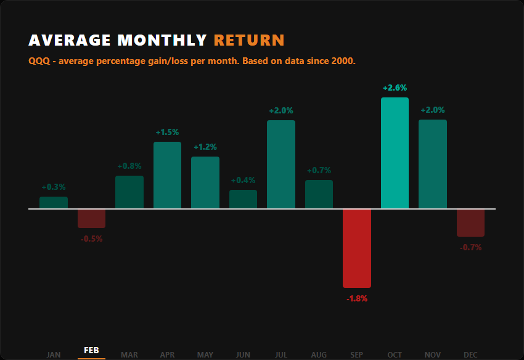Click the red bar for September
[357, 248]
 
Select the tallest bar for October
[395, 153]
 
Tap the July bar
[281, 165]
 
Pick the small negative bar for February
[91, 219]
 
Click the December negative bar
[470, 223]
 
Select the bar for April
[167, 175]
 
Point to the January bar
[54, 203]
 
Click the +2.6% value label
[395, 88]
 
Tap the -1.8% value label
[357, 299]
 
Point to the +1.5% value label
[167, 133]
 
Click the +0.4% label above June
[243, 181]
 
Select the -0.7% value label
[470, 248]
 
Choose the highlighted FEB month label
[91, 351]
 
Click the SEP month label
[357, 354]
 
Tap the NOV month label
[433, 354]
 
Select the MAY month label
[205, 354]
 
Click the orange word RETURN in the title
[249, 41]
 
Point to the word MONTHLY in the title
[162, 41]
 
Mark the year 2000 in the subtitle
[343, 62]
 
